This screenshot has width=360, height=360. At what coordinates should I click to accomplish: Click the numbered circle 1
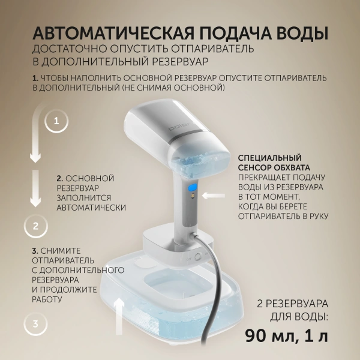click(x=56, y=121)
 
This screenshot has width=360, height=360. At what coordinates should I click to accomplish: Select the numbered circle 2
click(x=35, y=226)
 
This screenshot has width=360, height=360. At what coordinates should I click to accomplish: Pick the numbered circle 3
click(x=35, y=325)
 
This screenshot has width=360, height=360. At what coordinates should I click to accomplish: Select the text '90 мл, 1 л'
click(x=286, y=335)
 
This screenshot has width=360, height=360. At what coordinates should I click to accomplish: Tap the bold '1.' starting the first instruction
click(x=35, y=78)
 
